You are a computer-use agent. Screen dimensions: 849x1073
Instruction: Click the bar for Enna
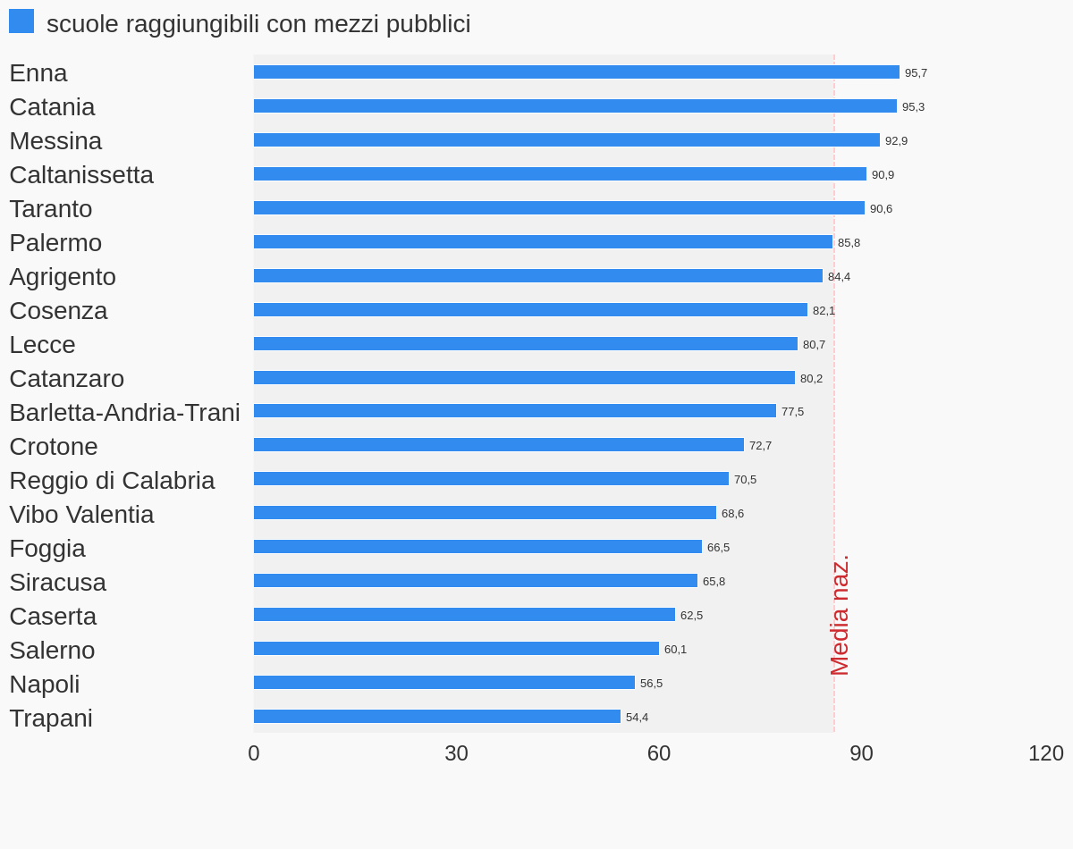pos(577,72)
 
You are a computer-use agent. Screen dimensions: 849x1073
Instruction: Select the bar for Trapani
pos(437,717)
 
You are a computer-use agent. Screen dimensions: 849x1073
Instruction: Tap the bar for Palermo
pos(543,242)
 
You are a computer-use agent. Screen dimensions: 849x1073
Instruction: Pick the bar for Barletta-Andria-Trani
pos(515,411)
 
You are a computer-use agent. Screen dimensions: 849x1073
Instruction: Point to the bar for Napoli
pos(444,683)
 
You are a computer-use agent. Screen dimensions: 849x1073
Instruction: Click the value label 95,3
pos(913,107)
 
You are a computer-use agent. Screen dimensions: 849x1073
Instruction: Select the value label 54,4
pos(637,718)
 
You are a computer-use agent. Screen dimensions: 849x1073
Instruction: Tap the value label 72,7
pos(760,446)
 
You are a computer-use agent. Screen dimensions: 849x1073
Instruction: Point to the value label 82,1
pos(824,311)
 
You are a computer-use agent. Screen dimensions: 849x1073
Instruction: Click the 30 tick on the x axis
pos(456,753)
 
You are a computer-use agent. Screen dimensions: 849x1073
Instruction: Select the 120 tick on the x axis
pos(1045,753)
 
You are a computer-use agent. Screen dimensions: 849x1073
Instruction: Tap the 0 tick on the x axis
pos(254,753)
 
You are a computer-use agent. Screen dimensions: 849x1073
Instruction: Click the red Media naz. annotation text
pos(840,616)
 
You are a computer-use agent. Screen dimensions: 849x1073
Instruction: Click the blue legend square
pos(21,21)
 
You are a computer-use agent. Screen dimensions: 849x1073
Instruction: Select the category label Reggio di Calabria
pos(112,481)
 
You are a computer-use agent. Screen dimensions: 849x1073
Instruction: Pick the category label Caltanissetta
pos(81,175)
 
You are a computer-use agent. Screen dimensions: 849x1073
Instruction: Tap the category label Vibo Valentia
pos(81,515)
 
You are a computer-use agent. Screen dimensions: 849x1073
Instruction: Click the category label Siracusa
pos(57,583)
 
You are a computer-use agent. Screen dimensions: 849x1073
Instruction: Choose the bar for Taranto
pos(559,208)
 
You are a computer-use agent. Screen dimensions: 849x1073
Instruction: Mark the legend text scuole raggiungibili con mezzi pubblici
pos(258,24)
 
